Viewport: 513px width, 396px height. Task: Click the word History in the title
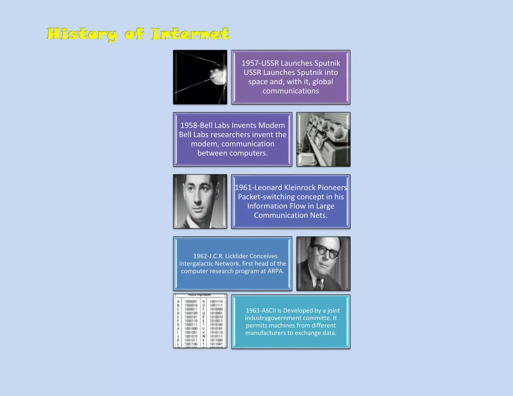(x=82, y=34)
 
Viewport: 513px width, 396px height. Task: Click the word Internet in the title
(x=190, y=34)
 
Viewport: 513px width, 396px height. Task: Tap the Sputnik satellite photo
(x=200, y=77)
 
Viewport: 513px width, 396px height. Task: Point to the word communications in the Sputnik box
(x=291, y=91)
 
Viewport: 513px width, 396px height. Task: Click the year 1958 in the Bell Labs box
(x=188, y=125)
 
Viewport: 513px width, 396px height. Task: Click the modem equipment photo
(x=323, y=139)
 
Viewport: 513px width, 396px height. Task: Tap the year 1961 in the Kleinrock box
(x=243, y=188)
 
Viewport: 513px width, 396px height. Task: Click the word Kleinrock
(x=299, y=188)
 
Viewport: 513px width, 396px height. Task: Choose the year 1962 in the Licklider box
(x=200, y=256)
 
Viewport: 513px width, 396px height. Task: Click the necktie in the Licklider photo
(x=319, y=284)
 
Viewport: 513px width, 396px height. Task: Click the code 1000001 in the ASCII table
(x=191, y=302)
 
